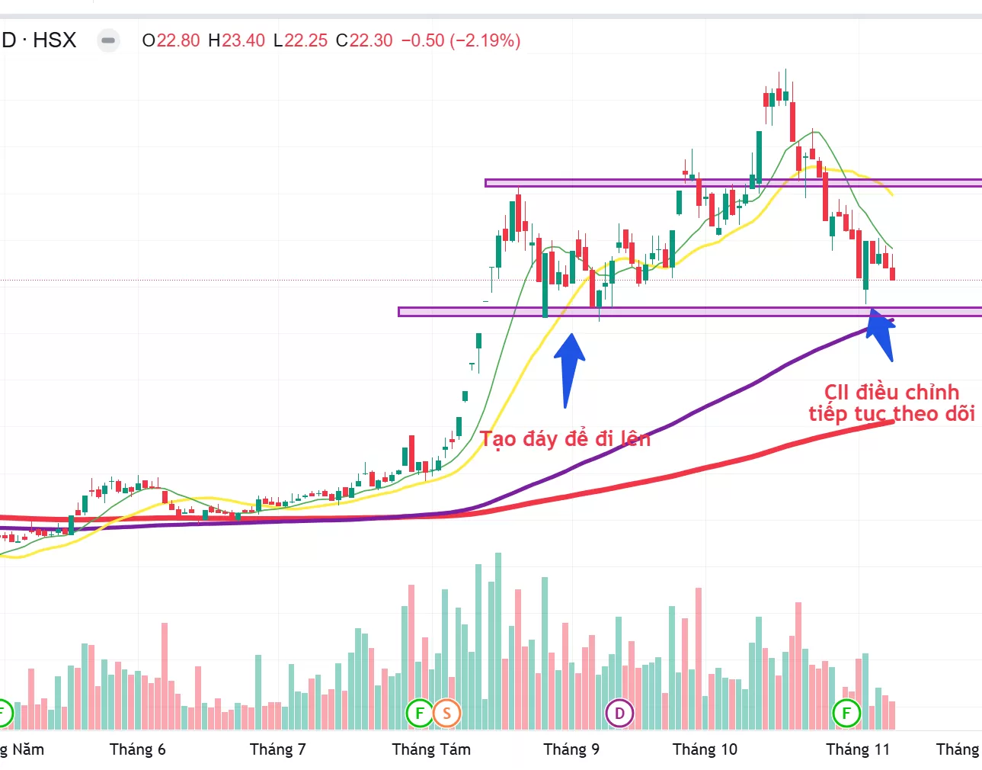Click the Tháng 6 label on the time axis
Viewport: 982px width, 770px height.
pos(137,749)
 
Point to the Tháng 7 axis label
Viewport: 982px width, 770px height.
pos(277,749)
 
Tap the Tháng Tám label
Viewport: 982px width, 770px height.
pos(431,749)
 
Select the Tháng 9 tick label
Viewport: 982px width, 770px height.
pos(571,749)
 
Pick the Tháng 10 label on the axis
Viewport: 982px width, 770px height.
pos(705,749)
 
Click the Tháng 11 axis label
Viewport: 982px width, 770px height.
pos(858,749)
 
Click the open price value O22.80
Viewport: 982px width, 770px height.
pos(171,40)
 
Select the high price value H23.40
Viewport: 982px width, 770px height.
pos(237,40)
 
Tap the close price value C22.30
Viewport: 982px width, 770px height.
pos(365,40)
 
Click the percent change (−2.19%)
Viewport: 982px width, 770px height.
pos(485,40)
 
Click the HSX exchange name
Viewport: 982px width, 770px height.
pos(55,40)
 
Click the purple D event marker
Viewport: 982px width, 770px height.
pos(619,714)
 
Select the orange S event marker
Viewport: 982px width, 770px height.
pos(446,714)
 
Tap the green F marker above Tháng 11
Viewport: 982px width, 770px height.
pos(846,714)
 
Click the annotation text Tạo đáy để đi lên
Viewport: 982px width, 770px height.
pos(565,439)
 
